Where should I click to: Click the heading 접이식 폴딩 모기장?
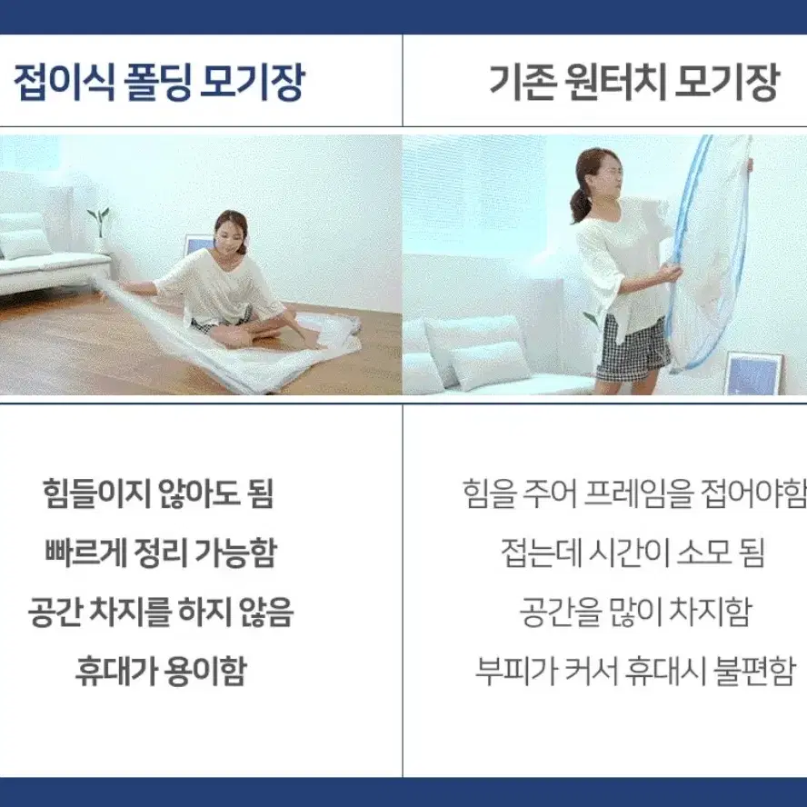(160, 82)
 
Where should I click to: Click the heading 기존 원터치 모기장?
(633, 82)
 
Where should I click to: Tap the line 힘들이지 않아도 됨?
(158, 493)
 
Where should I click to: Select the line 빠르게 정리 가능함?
(161, 553)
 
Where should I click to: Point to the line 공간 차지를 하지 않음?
(161, 612)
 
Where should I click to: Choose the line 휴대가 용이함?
(161, 671)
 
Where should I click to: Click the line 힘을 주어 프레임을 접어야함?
(634, 493)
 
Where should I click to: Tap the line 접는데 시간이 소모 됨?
(633, 553)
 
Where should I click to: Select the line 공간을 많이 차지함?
(634, 612)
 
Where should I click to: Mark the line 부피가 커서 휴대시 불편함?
(635, 671)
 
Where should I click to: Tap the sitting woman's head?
(231, 230)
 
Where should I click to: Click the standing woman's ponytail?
(577, 204)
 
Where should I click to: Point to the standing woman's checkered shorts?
(633, 348)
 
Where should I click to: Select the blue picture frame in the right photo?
(754, 374)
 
